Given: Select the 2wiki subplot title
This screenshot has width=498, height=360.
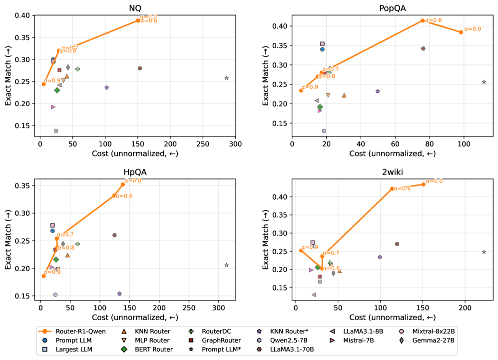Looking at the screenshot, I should pyautogui.click(x=392, y=172).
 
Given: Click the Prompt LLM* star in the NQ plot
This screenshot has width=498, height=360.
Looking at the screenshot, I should pyautogui.click(x=227, y=78).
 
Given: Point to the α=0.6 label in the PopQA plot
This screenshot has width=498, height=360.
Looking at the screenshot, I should pyautogui.click(x=434, y=20).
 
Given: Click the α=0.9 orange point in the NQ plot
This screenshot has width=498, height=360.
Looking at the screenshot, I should pyautogui.click(x=43, y=84).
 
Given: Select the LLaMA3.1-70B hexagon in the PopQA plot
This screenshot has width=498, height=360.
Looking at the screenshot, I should pyautogui.click(x=423, y=48).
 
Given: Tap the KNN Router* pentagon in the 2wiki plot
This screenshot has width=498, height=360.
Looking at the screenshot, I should pyautogui.click(x=380, y=257).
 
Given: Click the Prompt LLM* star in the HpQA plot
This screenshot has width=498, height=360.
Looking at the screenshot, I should pyautogui.click(x=227, y=265).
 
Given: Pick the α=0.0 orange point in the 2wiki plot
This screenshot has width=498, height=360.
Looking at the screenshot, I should pyautogui.click(x=423, y=184).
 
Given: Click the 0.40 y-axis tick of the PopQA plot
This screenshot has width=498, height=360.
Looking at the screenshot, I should pyautogui.click(x=279, y=26).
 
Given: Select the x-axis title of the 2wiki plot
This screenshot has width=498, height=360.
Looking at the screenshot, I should pyautogui.click(x=392, y=317).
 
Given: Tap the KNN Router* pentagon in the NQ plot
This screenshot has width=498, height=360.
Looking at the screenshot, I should pyautogui.click(x=106, y=87).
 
